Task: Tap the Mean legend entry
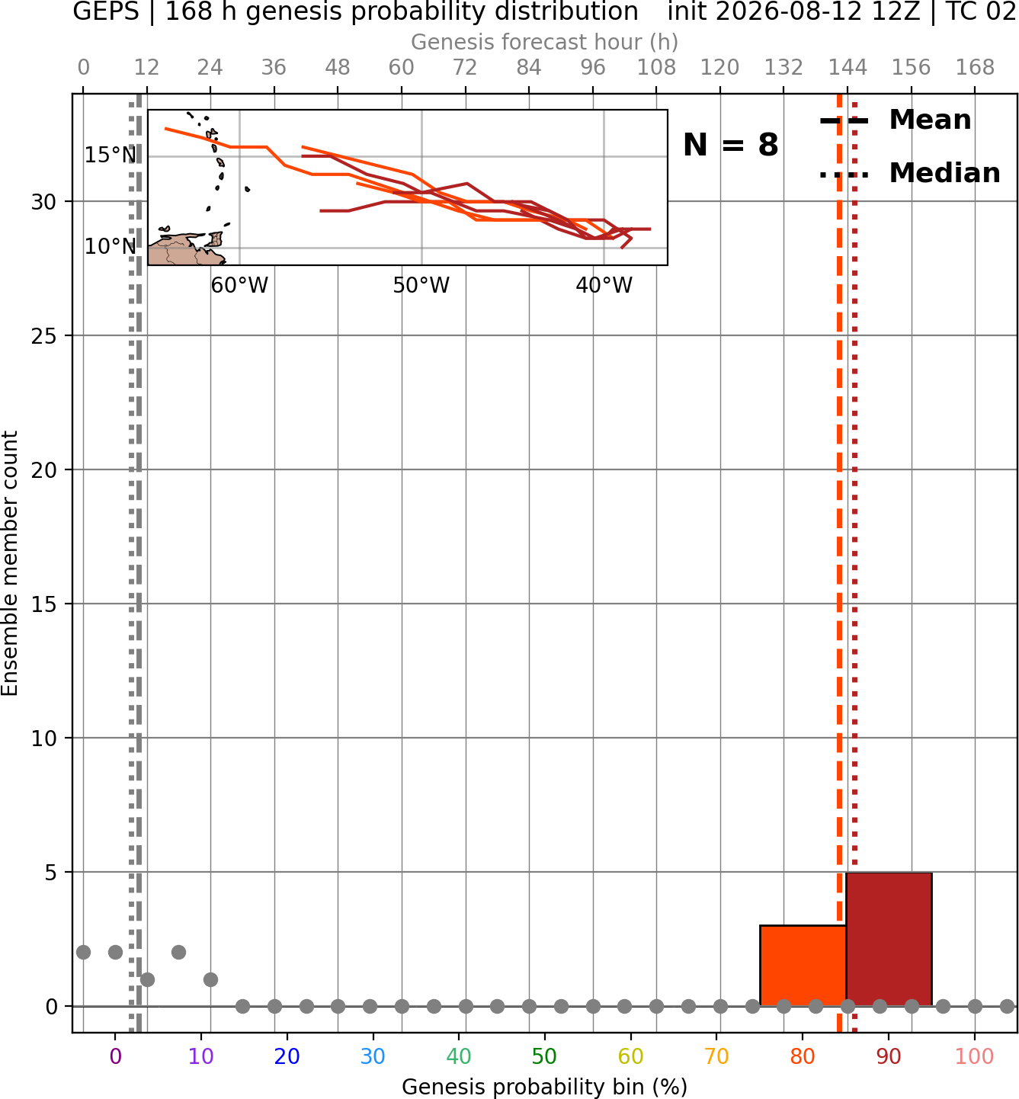click(x=895, y=120)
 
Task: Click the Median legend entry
click(x=909, y=173)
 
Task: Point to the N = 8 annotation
click(x=731, y=145)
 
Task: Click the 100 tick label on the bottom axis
click(x=974, y=1056)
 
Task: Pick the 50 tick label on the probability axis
click(x=544, y=1056)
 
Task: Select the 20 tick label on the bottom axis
click(x=287, y=1056)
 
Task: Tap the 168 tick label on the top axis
click(x=975, y=68)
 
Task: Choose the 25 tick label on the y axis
click(x=43, y=336)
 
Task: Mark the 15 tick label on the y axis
click(x=43, y=604)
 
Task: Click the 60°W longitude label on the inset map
click(x=239, y=286)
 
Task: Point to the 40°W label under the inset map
click(x=604, y=286)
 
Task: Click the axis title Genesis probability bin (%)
click(x=544, y=1086)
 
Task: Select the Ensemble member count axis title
click(x=9, y=563)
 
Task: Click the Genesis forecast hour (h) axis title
click(x=544, y=42)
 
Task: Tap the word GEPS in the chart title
click(x=106, y=11)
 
